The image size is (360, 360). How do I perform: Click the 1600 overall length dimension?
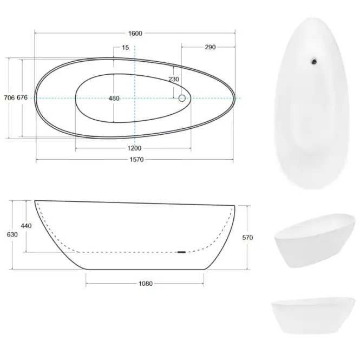click(x=135, y=34)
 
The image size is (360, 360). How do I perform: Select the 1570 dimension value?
click(x=136, y=160)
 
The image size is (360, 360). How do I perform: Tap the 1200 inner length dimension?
click(x=134, y=148)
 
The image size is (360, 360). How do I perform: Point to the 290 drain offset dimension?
click(x=210, y=47)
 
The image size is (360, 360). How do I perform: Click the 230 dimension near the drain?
click(x=174, y=79)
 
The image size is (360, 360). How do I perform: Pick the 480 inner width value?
click(x=114, y=99)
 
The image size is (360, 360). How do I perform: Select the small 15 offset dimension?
click(x=126, y=48)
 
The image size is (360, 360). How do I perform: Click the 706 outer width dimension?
click(x=9, y=97)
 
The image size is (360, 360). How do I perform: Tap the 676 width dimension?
click(x=22, y=97)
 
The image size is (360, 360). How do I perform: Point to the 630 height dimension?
click(x=12, y=234)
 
